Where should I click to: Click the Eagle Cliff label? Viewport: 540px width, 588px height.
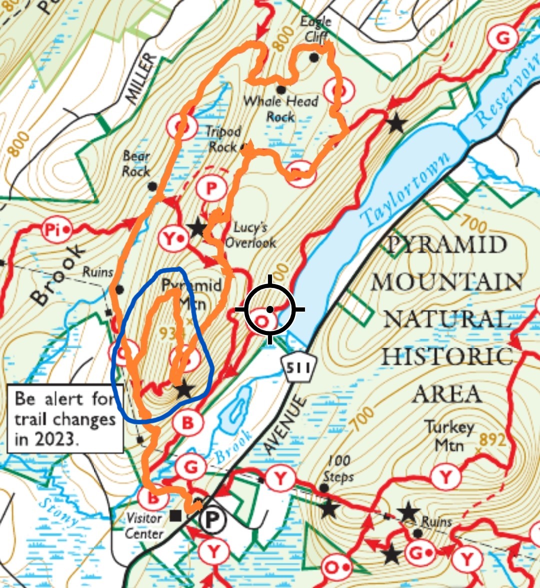(x=315, y=29)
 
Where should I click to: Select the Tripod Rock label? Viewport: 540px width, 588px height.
(x=223, y=139)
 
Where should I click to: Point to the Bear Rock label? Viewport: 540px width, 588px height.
(x=136, y=164)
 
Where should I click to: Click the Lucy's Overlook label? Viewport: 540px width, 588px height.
(x=250, y=235)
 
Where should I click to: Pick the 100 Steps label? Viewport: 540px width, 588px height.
(x=337, y=468)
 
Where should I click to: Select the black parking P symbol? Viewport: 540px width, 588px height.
(x=212, y=520)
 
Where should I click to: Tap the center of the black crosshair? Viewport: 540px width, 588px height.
(x=270, y=309)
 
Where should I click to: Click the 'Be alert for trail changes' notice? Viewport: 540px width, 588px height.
(x=65, y=419)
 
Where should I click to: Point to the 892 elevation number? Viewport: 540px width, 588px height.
(x=492, y=439)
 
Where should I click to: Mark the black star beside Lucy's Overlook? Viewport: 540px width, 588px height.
(x=197, y=228)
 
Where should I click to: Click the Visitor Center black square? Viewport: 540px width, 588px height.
(x=175, y=515)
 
